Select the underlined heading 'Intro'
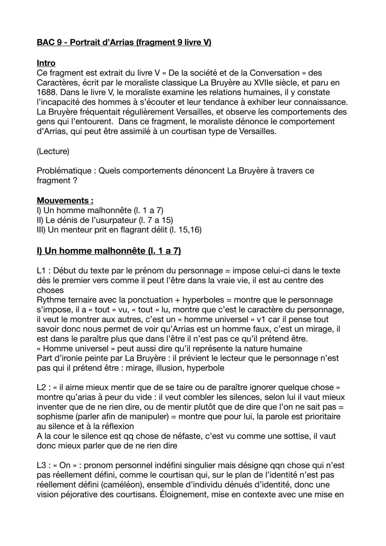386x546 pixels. (46, 63)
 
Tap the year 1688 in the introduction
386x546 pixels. (46, 93)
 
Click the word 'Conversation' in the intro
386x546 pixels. (274, 73)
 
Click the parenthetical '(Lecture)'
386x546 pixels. (53, 151)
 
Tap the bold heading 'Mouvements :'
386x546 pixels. (65, 201)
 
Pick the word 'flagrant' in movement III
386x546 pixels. (130, 230)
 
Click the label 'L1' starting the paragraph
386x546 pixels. (42, 271)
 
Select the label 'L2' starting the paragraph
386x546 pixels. (42, 388)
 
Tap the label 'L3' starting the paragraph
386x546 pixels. (42, 466)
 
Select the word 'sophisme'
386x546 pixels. (54, 417)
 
